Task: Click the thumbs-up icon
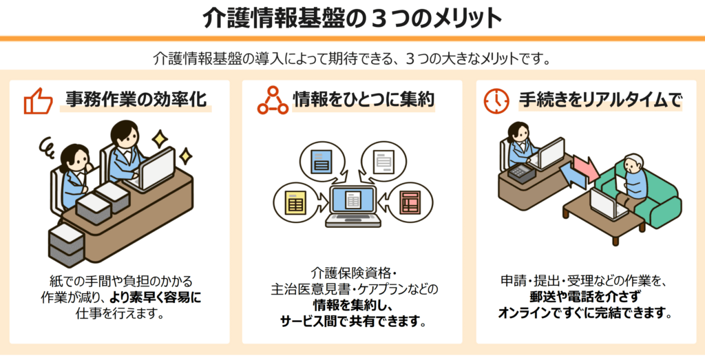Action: pyautogui.click(x=39, y=102)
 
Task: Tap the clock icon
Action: pyautogui.click(x=496, y=100)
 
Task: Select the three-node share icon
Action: pyautogui.click(x=273, y=100)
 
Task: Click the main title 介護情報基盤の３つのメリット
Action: pyautogui.click(x=352, y=18)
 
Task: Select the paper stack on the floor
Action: pyautogui.click(x=66, y=245)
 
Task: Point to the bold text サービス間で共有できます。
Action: pyautogui.click(x=352, y=321)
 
